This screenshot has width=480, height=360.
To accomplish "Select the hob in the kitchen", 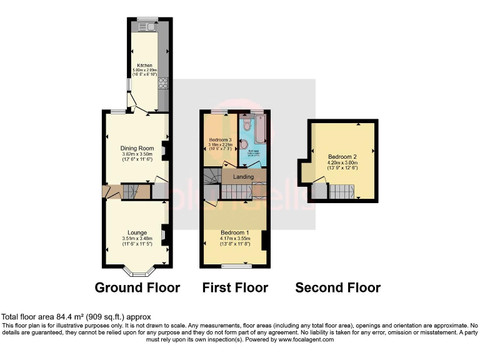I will (x=164, y=83).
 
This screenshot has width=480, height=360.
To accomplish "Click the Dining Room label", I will (x=137, y=148).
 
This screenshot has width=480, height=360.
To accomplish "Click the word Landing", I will (x=243, y=177).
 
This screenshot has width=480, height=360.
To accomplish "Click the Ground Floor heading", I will (x=137, y=287).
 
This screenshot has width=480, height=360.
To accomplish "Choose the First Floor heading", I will (x=235, y=287).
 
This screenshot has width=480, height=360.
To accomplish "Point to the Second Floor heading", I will (x=337, y=287).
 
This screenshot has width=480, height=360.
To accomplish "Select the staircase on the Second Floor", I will (x=341, y=191).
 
